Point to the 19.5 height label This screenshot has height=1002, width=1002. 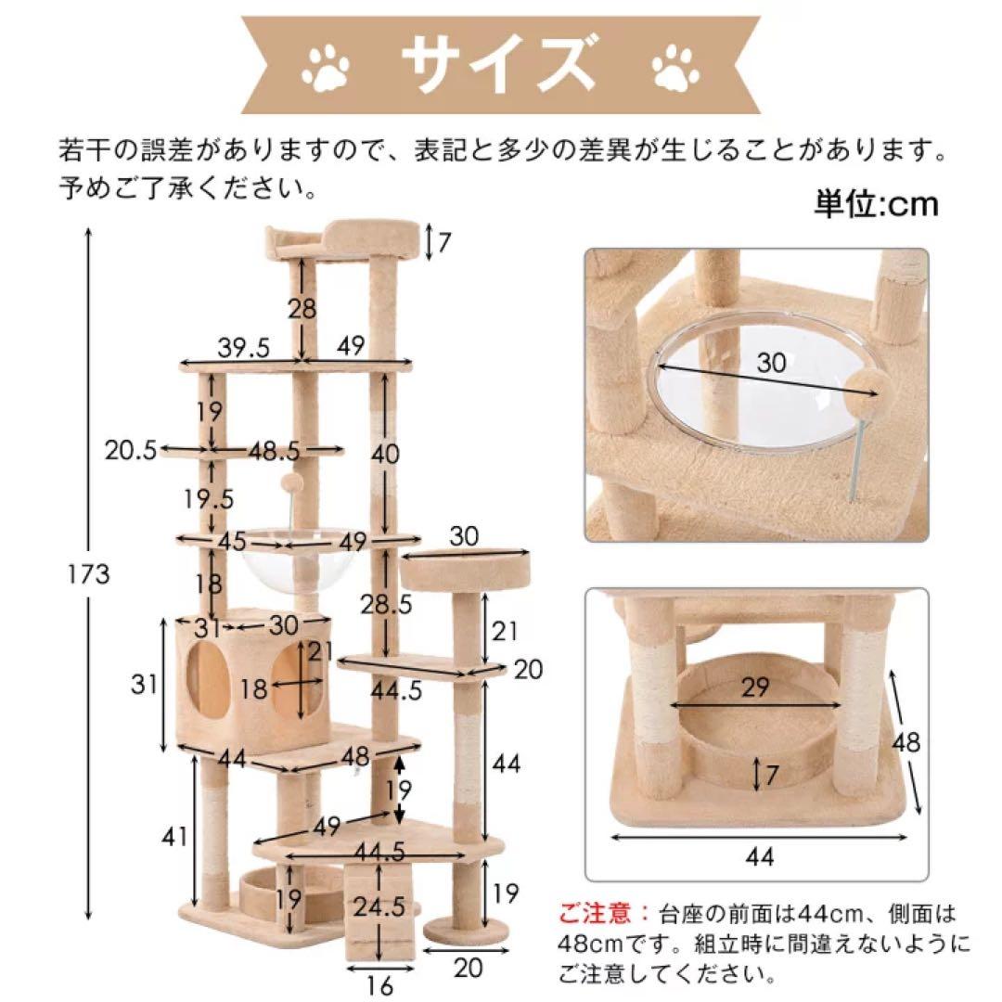tap(209, 498)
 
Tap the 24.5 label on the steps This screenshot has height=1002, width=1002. tap(375, 904)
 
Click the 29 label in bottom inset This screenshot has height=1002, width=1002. tap(755, 687)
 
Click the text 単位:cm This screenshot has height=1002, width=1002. tap(876, 203)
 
